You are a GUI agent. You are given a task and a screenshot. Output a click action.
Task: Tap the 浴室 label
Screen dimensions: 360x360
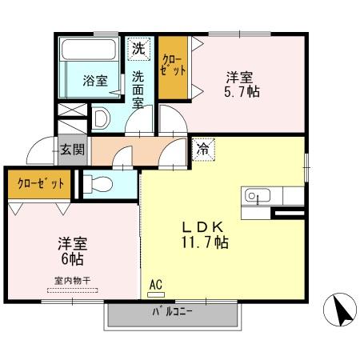95,80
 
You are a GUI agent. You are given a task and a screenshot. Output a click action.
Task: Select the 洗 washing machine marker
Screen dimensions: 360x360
139,48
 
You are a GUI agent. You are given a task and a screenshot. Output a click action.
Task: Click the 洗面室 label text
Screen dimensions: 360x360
138,89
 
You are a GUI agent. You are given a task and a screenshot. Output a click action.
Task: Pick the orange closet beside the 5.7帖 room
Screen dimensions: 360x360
173,68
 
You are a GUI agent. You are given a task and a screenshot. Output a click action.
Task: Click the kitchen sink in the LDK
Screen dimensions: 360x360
254,195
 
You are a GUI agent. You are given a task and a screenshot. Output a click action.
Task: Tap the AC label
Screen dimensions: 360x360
155,284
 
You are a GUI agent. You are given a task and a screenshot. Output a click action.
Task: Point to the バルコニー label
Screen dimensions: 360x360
172,313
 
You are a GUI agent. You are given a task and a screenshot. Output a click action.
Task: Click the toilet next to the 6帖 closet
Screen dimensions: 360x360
98,184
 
